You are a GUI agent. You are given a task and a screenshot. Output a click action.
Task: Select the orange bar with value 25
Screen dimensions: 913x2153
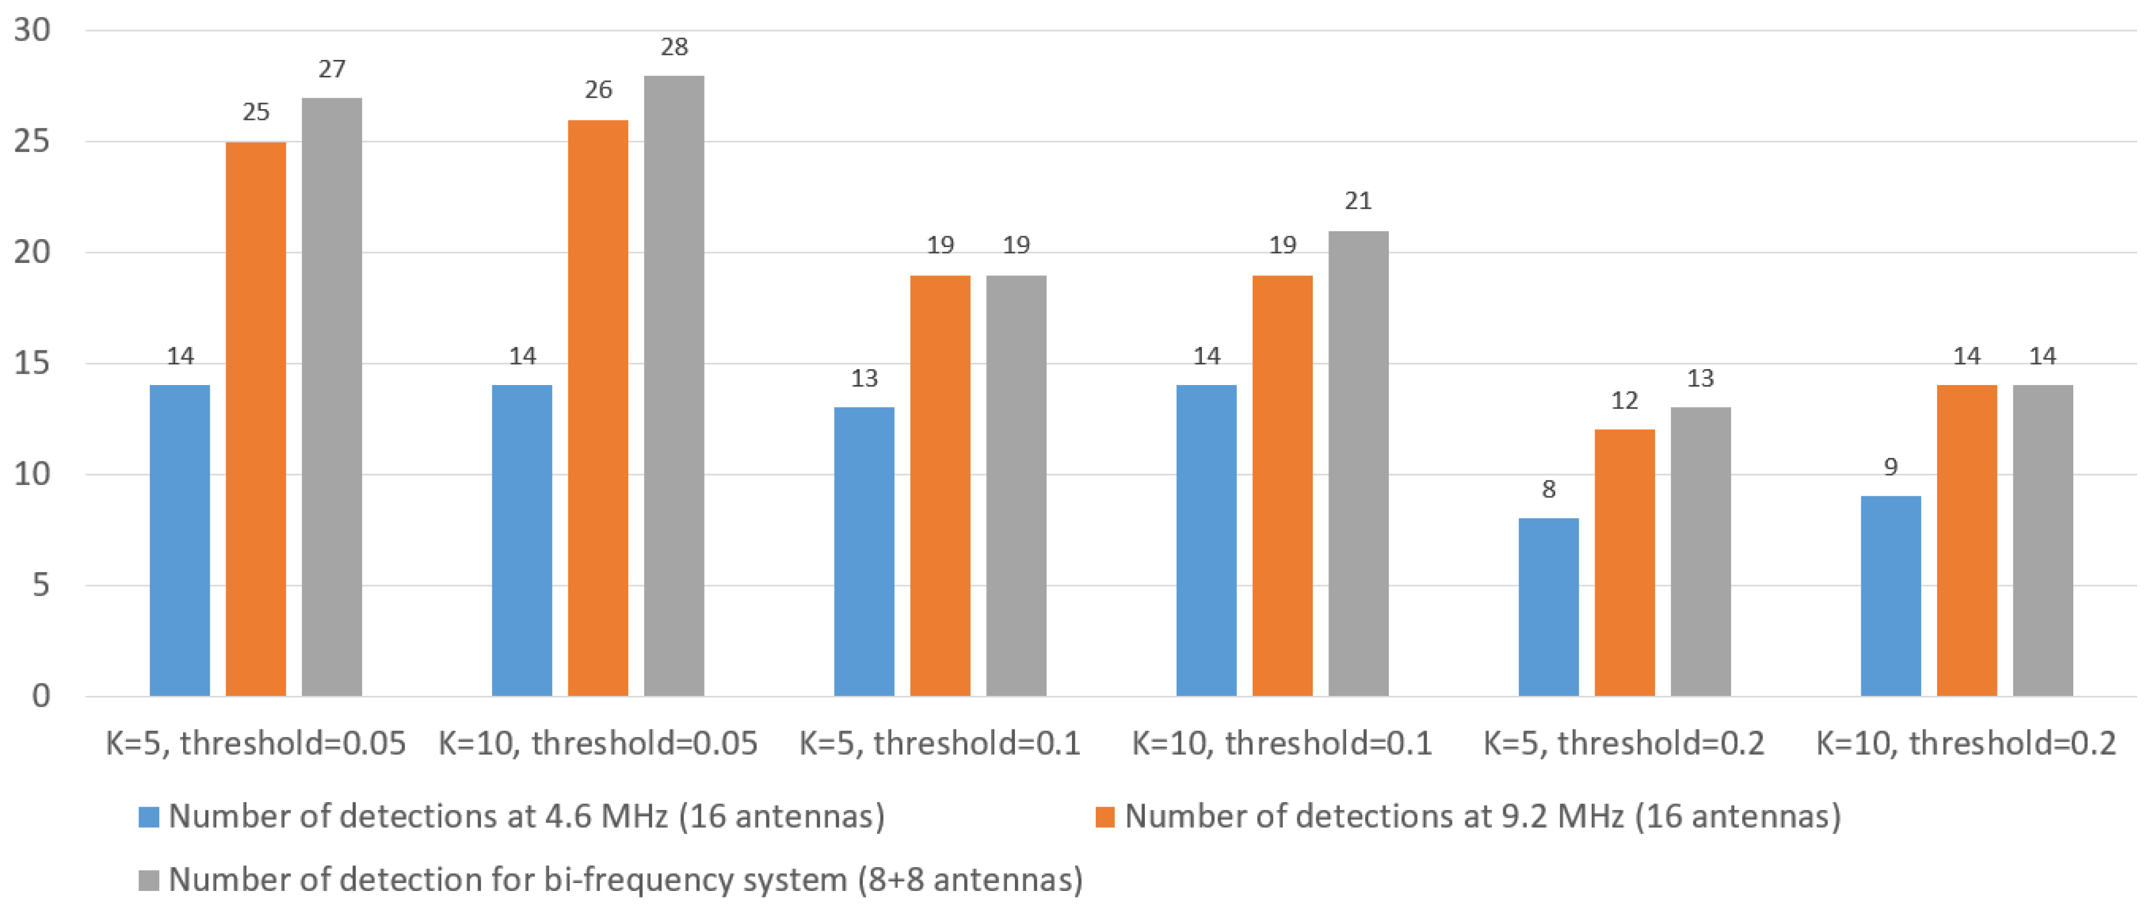(256, 418)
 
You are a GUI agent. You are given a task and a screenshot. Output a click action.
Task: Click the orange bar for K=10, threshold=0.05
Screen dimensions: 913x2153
(598, 408)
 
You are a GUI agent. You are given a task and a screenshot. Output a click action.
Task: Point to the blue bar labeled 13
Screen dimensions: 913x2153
(864, 552)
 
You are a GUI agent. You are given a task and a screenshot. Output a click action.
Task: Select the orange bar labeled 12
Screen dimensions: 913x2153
(1624, 562)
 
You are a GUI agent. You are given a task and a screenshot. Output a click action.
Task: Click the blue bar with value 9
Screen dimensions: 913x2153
(1891, 596)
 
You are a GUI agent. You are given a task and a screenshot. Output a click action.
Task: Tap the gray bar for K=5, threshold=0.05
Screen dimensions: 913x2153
(332, 397)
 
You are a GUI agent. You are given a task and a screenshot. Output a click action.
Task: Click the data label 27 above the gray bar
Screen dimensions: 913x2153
(332, 68)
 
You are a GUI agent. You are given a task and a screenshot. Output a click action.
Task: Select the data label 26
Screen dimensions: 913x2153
(598, 89)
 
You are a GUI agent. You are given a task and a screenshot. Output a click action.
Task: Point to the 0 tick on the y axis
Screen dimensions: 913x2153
(41, 695)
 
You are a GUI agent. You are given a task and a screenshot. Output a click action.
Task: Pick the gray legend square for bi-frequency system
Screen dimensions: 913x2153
(149, 880)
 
